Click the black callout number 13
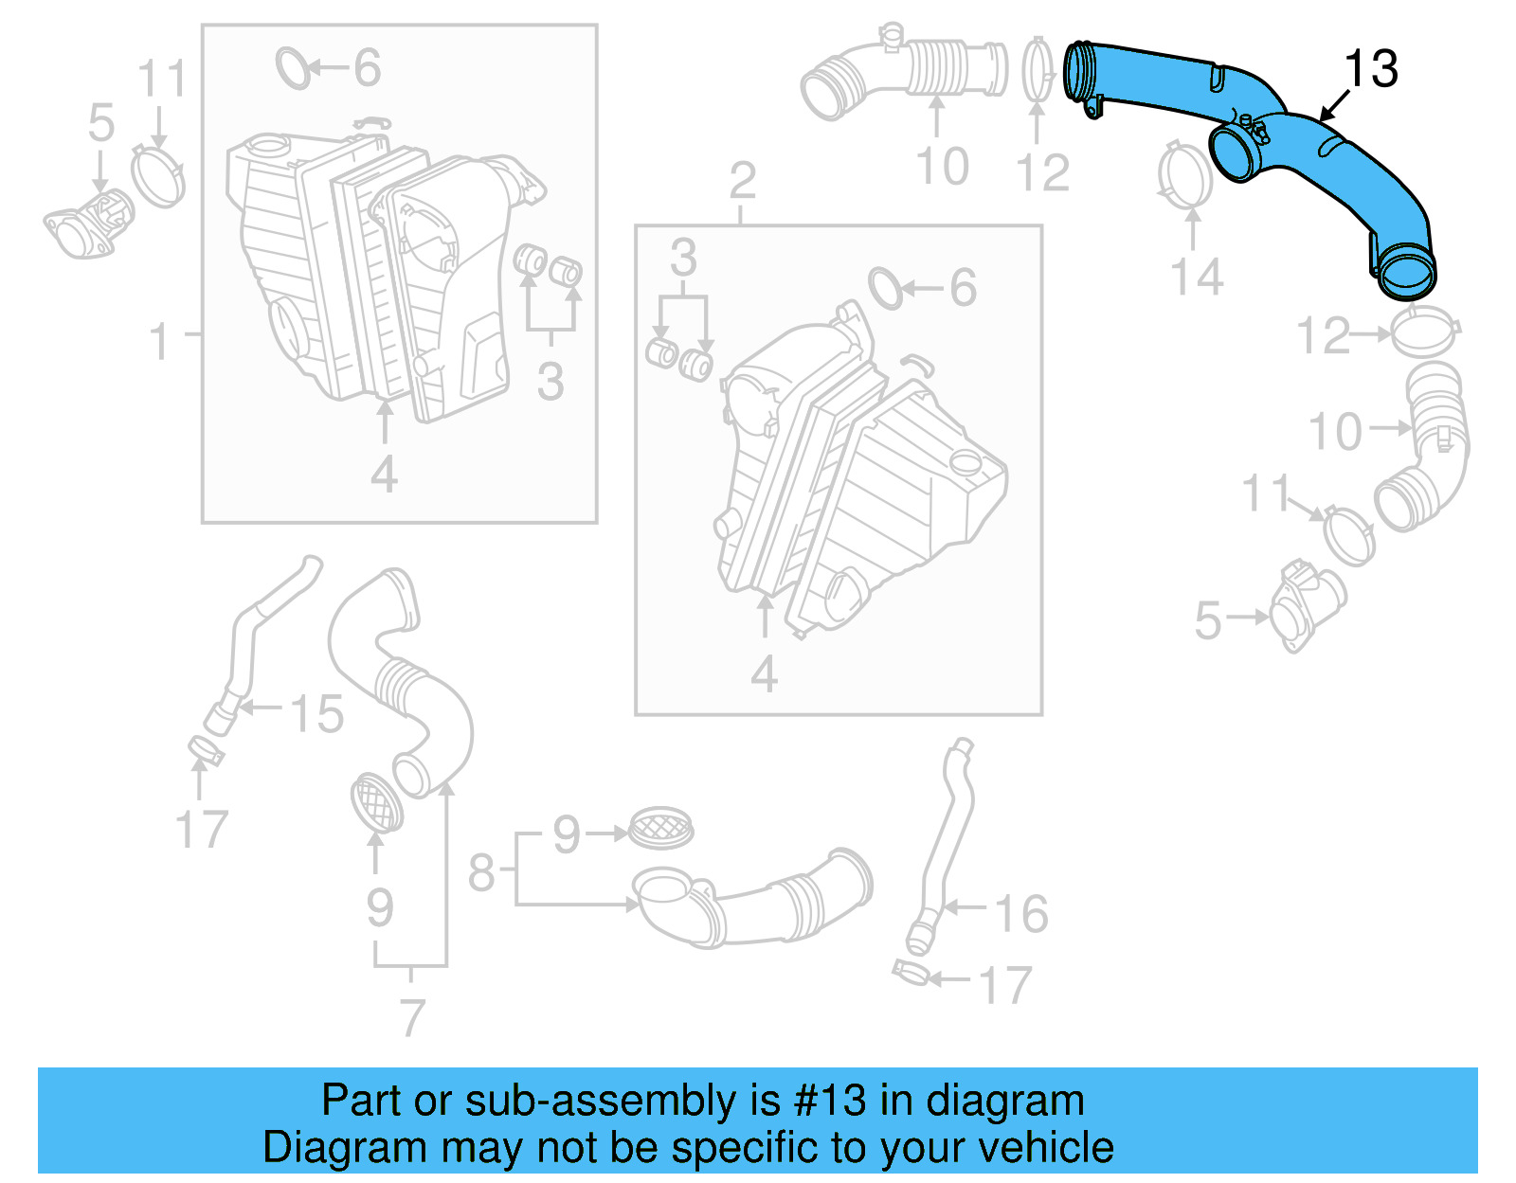pyautogui.click(x=1370, y=69)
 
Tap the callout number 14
pyautogui.click(x=1197, y=278)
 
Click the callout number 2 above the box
pyautogui.click(x=743, y=181)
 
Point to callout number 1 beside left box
pyautogui.click(x=160, y=341)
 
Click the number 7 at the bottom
pyautogui.click(x=411, y=1018)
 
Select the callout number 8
pyautogui.click(x=481, y=871)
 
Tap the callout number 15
pyautogui.click(x=316, y=713)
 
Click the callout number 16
pyautogui.click(x=1020, y=914)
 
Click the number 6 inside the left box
pyautogui.click(x=367, y=68)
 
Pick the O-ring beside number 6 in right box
pyautogui.click(x=886, y=288)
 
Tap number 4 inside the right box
pyautogui.click(x=764, y=674)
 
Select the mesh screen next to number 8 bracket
pyautogui.click(x=661, y=828)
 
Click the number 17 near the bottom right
pyautogui.click(x=1004, y=985)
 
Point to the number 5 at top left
pyautogui.click(x=100, y=124)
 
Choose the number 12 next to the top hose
pyautogui.click(x=1041, y=173)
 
